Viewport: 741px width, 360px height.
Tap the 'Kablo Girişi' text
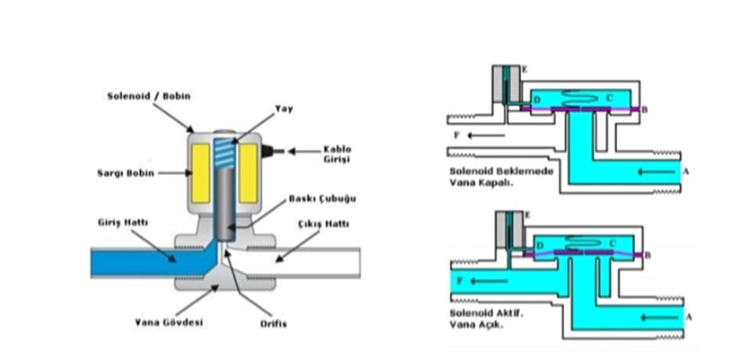point(337,154)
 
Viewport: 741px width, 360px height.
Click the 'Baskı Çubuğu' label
point(308,200)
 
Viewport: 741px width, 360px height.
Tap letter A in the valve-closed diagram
point(686,170)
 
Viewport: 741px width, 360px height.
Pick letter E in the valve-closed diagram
point(525,69)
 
